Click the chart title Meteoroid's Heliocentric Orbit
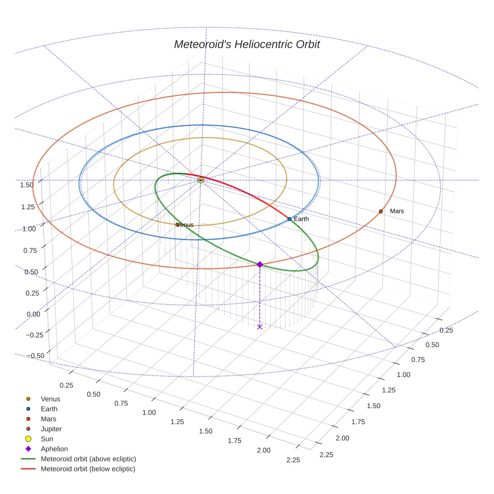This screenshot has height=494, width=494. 246,44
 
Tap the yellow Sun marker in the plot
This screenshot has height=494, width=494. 201,180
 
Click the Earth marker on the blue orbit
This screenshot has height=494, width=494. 289,219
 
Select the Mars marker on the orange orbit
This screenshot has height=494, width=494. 381,211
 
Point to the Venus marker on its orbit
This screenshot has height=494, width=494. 177,224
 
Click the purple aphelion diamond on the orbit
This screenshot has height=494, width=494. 260,265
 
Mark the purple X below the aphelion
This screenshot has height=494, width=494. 260,327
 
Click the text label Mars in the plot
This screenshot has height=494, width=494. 397,211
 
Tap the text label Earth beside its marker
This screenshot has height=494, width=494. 301,219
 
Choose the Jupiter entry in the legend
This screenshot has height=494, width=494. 51,429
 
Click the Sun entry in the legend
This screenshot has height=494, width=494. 47,439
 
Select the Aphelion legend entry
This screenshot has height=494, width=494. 54,449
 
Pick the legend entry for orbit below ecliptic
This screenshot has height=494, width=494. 88,469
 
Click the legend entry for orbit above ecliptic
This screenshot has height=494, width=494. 88,459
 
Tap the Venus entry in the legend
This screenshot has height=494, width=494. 50,399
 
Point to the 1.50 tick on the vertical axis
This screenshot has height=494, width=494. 27,185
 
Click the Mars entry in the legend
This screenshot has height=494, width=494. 48,419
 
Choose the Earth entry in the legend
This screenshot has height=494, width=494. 49,409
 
